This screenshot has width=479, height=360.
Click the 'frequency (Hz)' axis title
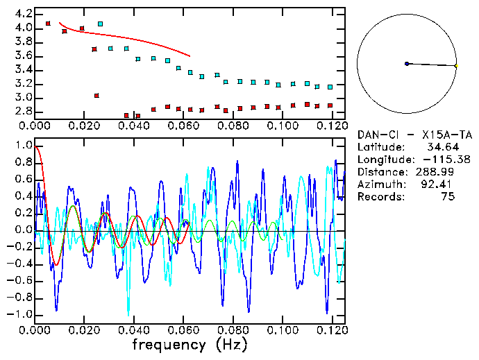190,344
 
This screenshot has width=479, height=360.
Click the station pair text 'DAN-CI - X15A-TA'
410,135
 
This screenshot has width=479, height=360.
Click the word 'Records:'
379,196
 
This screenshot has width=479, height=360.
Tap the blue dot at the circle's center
407,64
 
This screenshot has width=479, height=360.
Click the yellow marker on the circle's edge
455,66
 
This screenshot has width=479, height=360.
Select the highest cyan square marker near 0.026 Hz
101,24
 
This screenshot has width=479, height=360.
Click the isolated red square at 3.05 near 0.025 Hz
96,95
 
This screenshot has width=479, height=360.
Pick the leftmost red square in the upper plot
48,24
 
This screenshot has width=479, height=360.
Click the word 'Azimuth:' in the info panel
379,184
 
